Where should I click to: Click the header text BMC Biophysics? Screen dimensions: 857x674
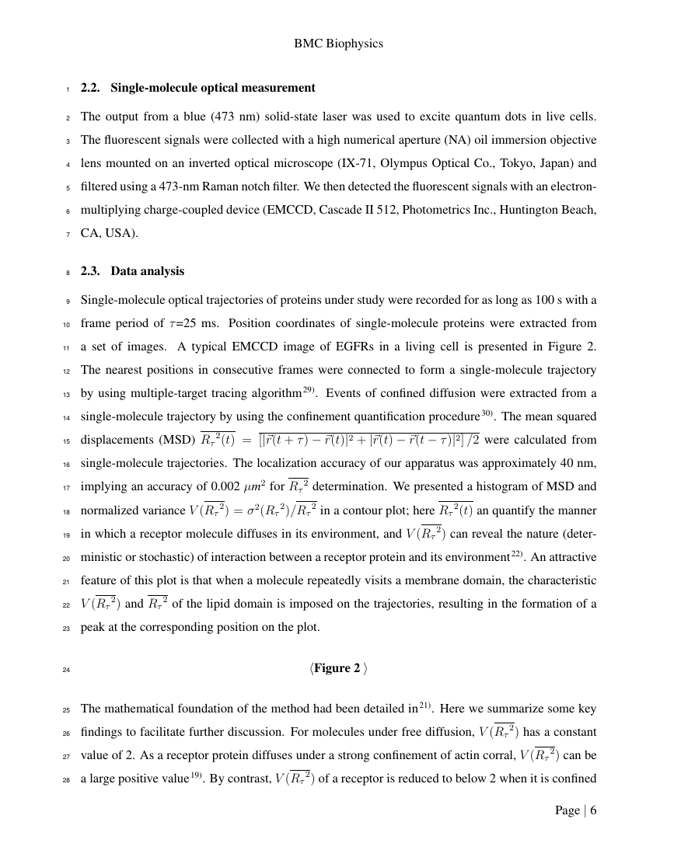(338, 44)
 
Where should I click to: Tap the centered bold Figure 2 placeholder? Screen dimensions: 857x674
(338, 668)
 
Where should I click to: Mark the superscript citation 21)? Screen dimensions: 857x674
(427, 705)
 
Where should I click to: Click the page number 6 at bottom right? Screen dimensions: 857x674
(593, 810)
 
